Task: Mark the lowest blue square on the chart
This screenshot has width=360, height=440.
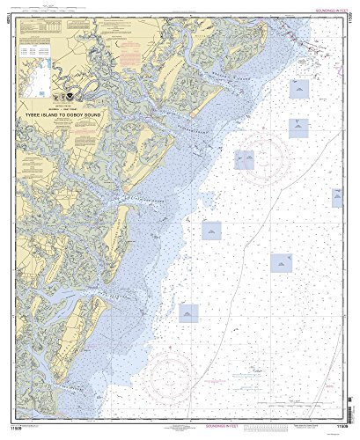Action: tap(188, 312)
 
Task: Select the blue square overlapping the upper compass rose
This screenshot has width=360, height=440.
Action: tap(244, 158)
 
